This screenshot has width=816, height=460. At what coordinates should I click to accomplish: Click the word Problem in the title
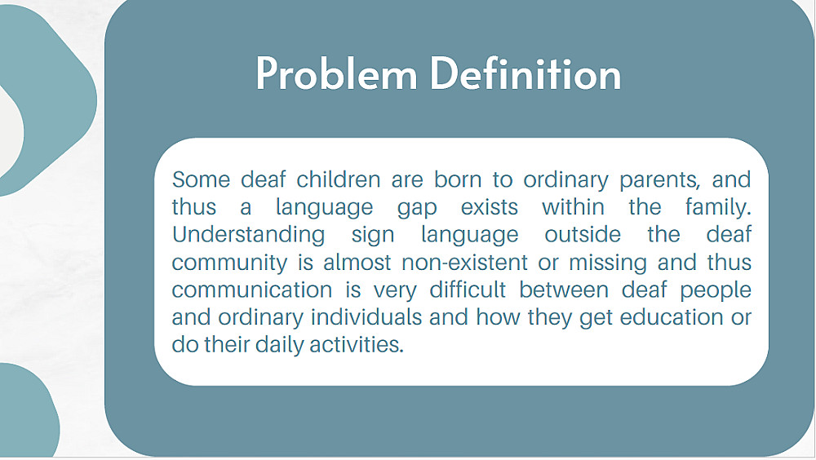[336, 74]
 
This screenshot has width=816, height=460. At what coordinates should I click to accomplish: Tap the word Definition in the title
[526, 74]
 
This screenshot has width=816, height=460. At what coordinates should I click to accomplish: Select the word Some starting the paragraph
[201, 179]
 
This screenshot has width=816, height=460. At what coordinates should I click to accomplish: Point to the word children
[339, 179]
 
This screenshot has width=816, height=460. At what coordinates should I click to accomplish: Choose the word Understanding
[248, 235]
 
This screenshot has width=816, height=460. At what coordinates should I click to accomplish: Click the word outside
[583, 235]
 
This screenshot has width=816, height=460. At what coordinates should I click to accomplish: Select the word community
[229, 263]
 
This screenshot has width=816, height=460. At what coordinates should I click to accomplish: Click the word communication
[252, 290]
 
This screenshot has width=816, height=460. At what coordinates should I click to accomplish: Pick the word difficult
[468, 290]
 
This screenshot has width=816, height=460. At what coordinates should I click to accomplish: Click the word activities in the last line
[357, 344]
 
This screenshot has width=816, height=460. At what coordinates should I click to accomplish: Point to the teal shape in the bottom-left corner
[29, 411]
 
